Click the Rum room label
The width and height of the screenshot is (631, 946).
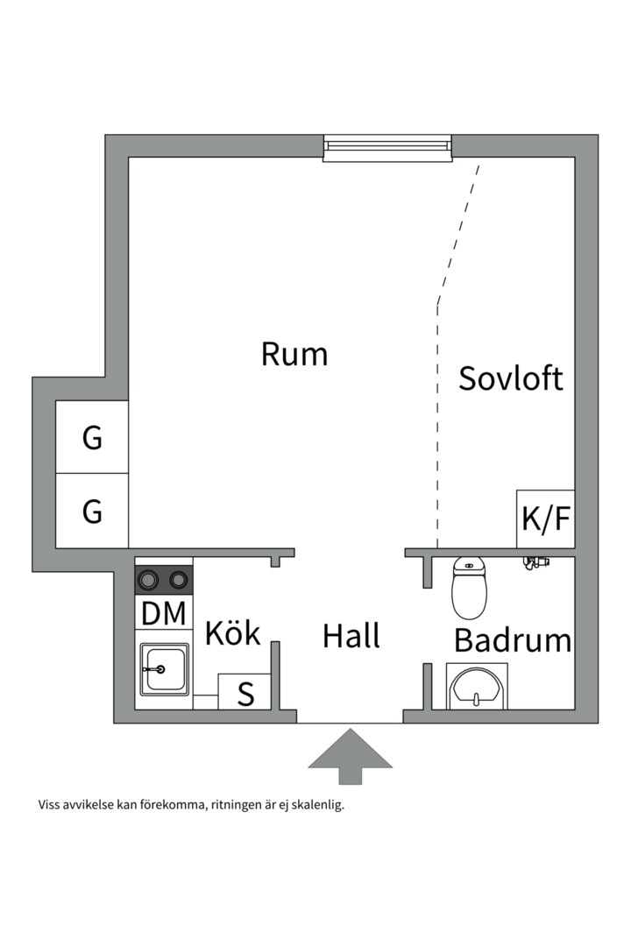[294, 355]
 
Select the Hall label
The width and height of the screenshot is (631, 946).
[351, 636]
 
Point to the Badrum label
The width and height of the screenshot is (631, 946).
[513, 640]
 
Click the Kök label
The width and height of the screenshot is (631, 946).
[233, 633]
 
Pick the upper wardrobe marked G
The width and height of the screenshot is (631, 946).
[92, 437]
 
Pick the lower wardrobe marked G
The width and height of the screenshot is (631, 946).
[92, 511]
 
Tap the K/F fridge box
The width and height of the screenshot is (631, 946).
[546, 519]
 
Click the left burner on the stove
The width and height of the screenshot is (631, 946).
[148, 579]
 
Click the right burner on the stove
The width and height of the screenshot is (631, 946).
[180, 579]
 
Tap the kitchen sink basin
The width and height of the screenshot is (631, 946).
[165, 670]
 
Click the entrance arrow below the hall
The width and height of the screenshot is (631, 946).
[350, 755]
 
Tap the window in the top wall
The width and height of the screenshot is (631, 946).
[387, 147]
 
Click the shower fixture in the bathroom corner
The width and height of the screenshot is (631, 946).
[535, 563]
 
